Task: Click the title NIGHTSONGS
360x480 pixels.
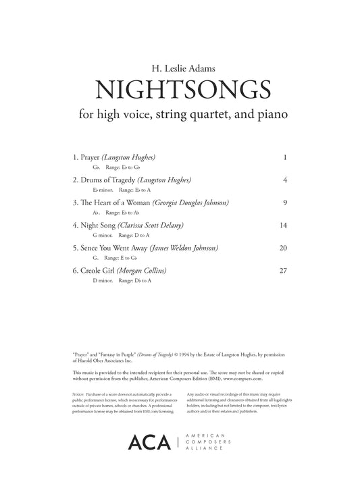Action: tap(180, 88)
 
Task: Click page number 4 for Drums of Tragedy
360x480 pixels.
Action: tap(286, 180)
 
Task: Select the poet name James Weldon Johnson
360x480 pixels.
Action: tap(184, 248)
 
